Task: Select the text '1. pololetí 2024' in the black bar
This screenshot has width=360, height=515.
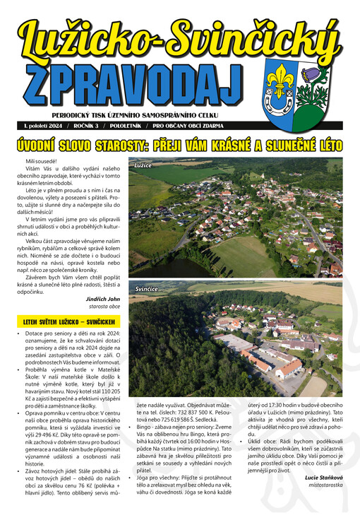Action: (45, 125)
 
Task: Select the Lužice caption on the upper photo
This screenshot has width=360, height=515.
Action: (143, 165)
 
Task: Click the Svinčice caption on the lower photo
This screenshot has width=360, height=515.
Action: (146, 290)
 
